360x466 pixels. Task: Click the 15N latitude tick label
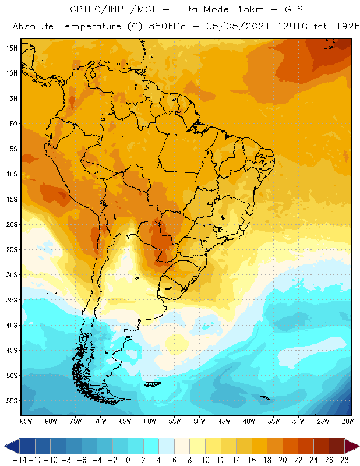tap(11, 48)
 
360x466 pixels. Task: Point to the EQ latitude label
tap(12, 123)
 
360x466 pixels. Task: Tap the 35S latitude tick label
tap(11, 299)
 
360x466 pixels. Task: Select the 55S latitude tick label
tap(11, 401)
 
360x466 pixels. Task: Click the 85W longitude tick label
tap(26, 421)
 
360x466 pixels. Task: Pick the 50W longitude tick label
tap(199, 421)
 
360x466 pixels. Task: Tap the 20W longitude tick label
tap(348, 421)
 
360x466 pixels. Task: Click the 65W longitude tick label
tap(125, 421)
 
